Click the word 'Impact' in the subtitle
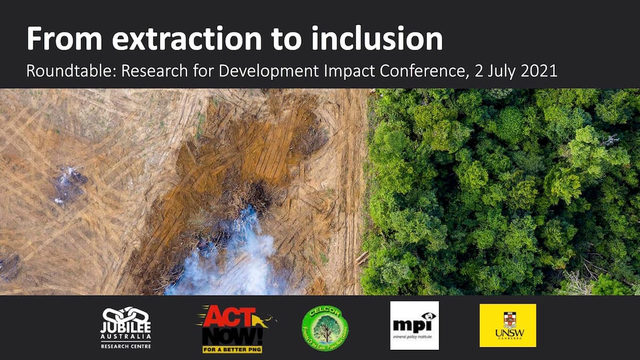click(x=345, y=71)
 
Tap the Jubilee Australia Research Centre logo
click(x=126, y=327)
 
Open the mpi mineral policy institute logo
click(x=414, y=325)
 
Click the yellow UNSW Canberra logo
click(x=507, y=325)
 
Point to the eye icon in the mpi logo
click(x=428, y=316)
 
